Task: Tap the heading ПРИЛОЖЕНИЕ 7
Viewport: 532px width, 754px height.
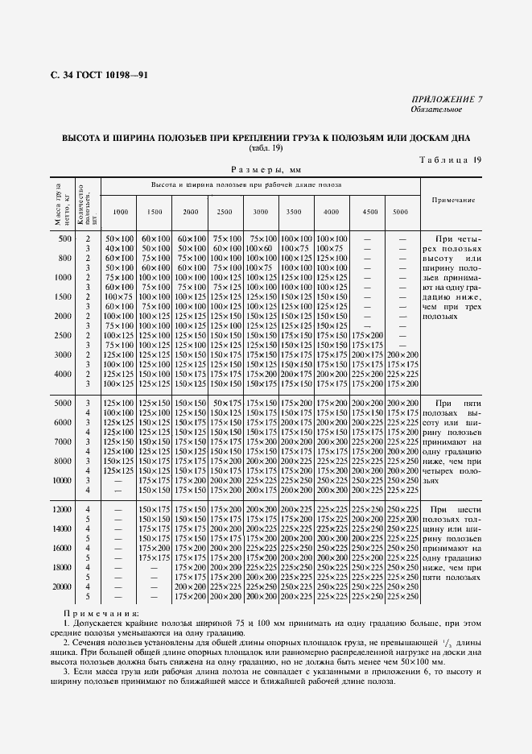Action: (447, 99)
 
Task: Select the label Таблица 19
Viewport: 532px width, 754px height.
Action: (451, 160)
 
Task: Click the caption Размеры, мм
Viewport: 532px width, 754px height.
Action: (266, 170)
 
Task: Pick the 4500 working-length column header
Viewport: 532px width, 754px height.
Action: (369, 211)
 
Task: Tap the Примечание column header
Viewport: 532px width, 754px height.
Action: (453, 200)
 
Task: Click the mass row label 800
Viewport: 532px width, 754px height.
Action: (64, 258)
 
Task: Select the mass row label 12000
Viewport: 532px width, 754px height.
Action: (62, 509)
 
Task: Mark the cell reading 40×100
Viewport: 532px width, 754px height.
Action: (119, 248)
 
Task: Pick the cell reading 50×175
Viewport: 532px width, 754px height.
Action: (226, 403)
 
